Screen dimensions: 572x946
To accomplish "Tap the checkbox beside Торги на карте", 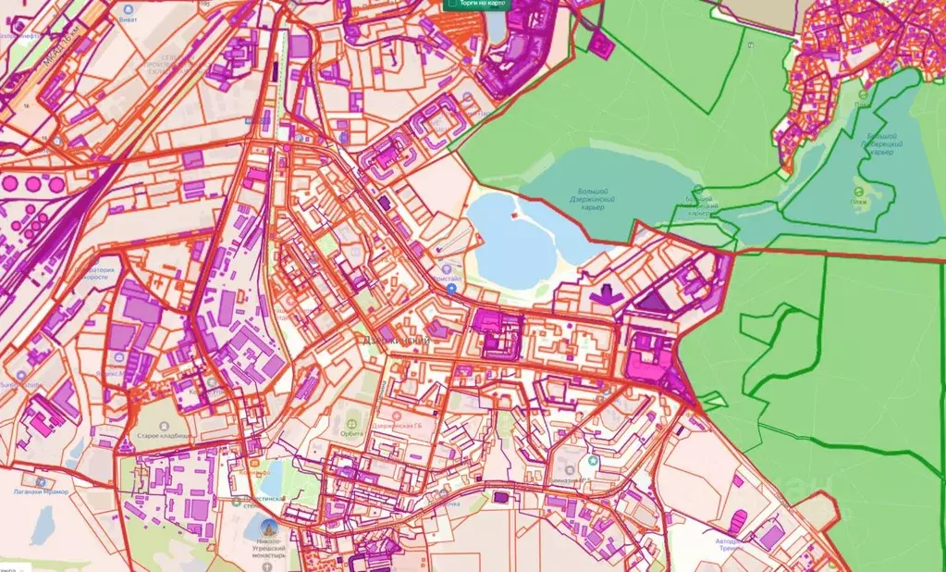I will pyautogui.click(x=450, y=3).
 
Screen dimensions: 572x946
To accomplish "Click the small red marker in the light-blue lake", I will pyautogui.click(x=514, y=217).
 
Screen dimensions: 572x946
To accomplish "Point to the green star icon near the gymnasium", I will pyautogui.click(x=593, y=459).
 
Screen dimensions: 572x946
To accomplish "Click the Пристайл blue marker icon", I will pyautogui.click(x=450, y=289).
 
